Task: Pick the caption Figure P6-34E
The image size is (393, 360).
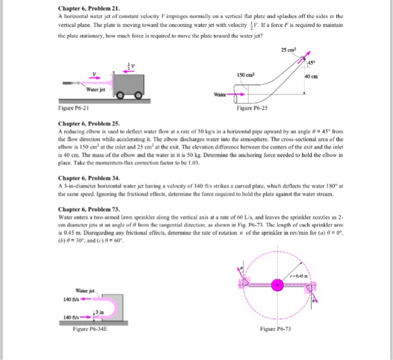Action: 93,329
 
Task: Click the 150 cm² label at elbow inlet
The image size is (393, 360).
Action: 246,74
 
